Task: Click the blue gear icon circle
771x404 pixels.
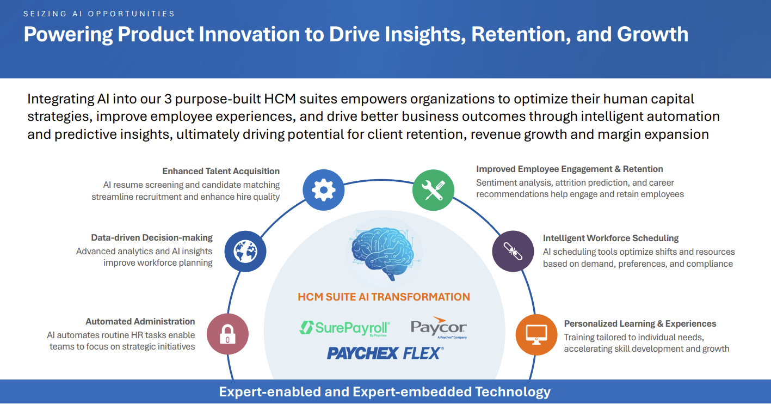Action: click(323, 190)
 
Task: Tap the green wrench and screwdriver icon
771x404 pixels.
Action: click(433, 190)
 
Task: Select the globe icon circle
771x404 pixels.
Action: click(245, 251)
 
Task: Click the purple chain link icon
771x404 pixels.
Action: click(513, 251)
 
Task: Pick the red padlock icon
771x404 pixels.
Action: click(227, 334)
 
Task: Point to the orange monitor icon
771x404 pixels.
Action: click(536, 334)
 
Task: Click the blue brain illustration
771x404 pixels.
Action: click(383, 253)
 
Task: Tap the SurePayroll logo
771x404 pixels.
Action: click(344, 328)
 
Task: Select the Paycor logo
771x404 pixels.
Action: click(439, 328)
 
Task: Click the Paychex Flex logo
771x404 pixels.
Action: click(385, 353)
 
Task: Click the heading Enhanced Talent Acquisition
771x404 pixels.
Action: click(221, 171)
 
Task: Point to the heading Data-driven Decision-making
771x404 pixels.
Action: click(152, 237)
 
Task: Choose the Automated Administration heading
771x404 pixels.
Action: click(140, 321)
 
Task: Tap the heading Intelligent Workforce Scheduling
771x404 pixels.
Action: click(610, 238)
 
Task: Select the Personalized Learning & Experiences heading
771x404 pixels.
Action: click(640, 323)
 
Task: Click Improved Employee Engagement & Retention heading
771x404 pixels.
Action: click(569, 169)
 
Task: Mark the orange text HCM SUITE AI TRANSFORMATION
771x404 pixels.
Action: click(384, 297)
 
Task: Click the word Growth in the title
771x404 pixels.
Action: click(652, 34)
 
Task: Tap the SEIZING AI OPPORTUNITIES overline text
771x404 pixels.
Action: click(99, 14)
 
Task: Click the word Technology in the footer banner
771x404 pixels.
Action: click(513, 392)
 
